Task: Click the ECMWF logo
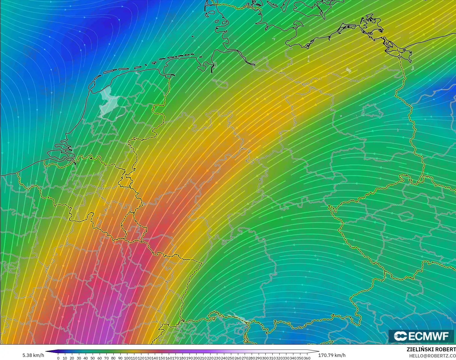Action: [x=421, y=336]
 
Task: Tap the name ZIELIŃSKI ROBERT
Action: [x=431, y=350]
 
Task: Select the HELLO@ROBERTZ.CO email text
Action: [x=432, y=356]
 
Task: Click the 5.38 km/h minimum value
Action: [x=33, y=355]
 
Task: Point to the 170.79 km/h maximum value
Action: [x=332, y=355]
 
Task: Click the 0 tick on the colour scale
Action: [x=58, y=358]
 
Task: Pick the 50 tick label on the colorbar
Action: [x=93, y=358]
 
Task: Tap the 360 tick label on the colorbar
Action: [x=307, y=358]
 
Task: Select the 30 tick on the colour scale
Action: [x=79, y=358]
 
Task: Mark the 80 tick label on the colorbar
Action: [x=113, y=358]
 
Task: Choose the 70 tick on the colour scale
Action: [x=106, y=358]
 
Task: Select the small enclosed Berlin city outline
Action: [x=372, y=110]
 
